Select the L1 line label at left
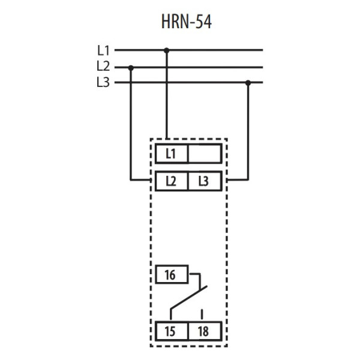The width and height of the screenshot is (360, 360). (103, 51)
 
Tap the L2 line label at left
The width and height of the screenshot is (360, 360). (103, 67)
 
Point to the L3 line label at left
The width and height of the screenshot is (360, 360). (103, 83)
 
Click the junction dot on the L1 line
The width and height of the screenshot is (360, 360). (166, 50)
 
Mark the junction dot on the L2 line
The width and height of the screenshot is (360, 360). (131, 67)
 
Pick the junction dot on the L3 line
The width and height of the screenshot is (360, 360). (248, 83)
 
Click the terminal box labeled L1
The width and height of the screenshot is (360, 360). (172, 154)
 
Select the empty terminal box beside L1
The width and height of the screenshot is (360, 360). (205, 154)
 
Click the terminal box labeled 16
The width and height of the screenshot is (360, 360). (172, 275)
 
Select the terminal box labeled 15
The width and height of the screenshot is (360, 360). (172, 331)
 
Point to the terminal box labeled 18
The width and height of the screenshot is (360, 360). (205, 331)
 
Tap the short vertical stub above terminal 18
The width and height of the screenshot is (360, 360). (202, 313)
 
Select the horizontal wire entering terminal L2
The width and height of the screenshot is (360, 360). (141, 179)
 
